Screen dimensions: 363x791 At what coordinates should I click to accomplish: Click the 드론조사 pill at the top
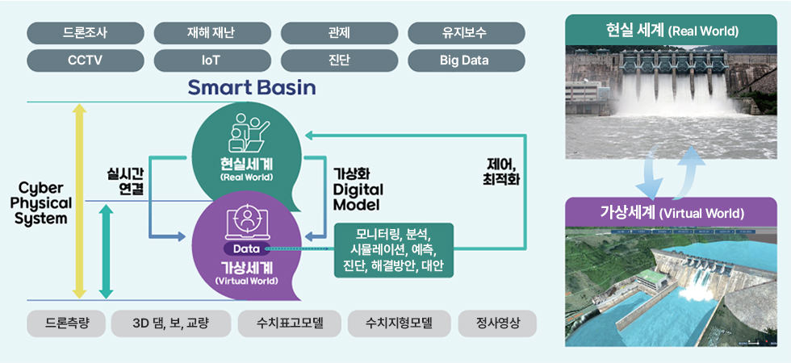pos(85,33)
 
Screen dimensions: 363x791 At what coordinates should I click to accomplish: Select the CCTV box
pos(85,60)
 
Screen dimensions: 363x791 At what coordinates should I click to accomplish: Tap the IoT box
pos(211,60)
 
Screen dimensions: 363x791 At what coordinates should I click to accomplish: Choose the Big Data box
pos(465,60)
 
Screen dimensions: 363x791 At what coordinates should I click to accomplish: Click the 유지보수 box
pos(465,33)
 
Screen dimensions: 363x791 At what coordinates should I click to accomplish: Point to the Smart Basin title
pos(252,87)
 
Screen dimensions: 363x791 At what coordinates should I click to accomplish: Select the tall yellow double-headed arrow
pos(79,201)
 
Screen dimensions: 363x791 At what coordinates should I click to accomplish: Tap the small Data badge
pos(246,248)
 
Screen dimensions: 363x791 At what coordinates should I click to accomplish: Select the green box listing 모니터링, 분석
pos(393,251)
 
